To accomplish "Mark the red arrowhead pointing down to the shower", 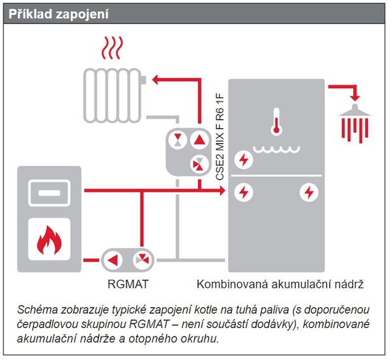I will tap(355, 98).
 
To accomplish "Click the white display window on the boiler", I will tap(49, 193).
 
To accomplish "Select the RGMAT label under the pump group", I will tap(127, 284).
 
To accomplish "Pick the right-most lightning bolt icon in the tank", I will tap(308, 192).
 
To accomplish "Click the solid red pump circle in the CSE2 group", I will tap(197, 139).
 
